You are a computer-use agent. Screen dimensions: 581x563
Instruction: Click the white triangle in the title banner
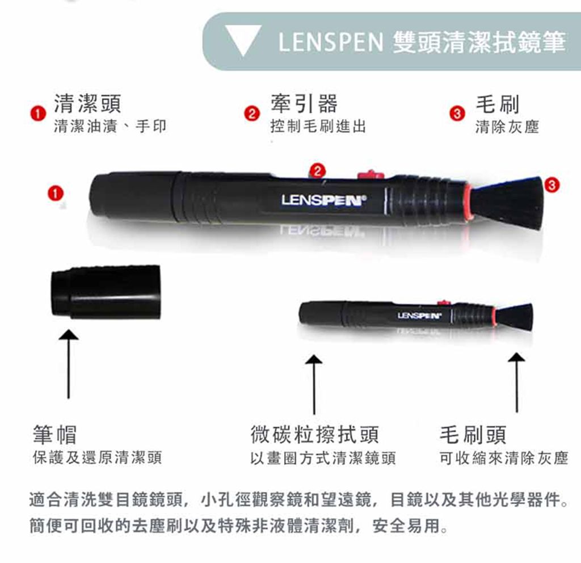click(x=243, y=38)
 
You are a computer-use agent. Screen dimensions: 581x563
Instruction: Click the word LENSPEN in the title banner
click(x=331, y=41)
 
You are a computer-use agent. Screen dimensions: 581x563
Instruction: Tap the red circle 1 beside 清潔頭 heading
click(x=38, y=114)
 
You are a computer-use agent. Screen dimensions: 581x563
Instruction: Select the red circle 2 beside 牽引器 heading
click(x=251, y=114)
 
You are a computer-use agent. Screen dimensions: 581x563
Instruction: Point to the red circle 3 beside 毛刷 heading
click(x=457, y=114)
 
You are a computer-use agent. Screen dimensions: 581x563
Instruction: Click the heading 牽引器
click(x=304, y=103)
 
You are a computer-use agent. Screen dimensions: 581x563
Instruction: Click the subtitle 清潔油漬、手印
click(x=110, y=127)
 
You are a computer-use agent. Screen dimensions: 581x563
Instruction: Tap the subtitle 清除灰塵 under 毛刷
click(x=507, y=127)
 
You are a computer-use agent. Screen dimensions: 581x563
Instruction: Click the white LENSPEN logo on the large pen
click(x=323, y=200)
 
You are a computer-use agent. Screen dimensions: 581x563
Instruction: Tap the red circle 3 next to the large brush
click(x=551, y=184)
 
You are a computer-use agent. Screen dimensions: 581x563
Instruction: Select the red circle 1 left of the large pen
click(x=55, y=194)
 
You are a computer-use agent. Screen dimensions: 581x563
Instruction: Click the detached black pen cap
click(x=106, y=292)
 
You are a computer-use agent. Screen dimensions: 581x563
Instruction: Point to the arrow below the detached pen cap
click(x=69, y=364)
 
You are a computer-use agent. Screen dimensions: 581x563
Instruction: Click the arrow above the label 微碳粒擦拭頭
click(x=314, y=384)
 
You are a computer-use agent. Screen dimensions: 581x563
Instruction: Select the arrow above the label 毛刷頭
click(x=516, y=382)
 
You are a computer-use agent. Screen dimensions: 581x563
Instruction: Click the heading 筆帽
click(x=55, y=434)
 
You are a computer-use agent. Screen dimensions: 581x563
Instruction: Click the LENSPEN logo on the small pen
click(x=419, y=316)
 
